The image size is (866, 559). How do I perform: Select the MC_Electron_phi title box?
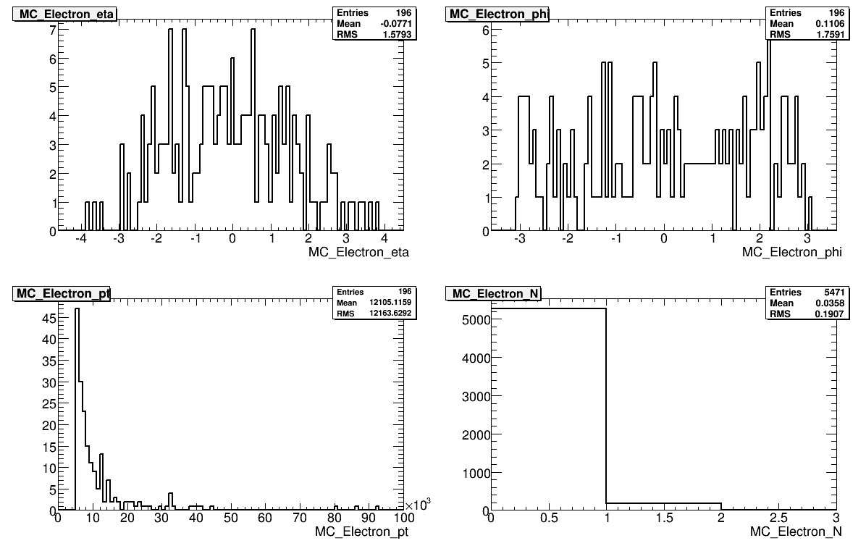click(498, 13)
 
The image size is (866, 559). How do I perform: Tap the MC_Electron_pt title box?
click(62, 293)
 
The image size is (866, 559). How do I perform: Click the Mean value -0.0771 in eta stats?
click(395, 23)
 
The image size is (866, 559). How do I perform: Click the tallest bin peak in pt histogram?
click(77, 310)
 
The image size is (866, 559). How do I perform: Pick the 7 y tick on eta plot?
click(53, 30)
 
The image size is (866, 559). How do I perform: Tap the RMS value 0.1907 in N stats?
click(829, 314)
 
